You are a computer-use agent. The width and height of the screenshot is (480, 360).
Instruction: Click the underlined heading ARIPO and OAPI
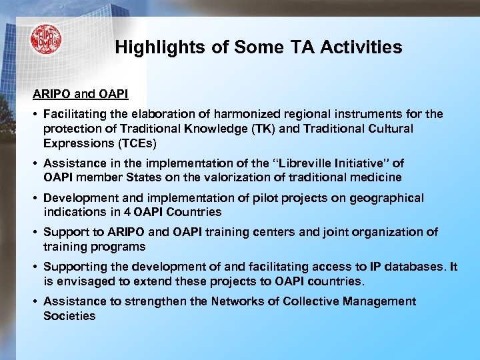[x=81, y=97]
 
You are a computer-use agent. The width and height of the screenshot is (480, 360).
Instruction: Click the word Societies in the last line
[x=69, y=316]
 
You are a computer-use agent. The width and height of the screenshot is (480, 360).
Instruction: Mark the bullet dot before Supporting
[x=35, y=267]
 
